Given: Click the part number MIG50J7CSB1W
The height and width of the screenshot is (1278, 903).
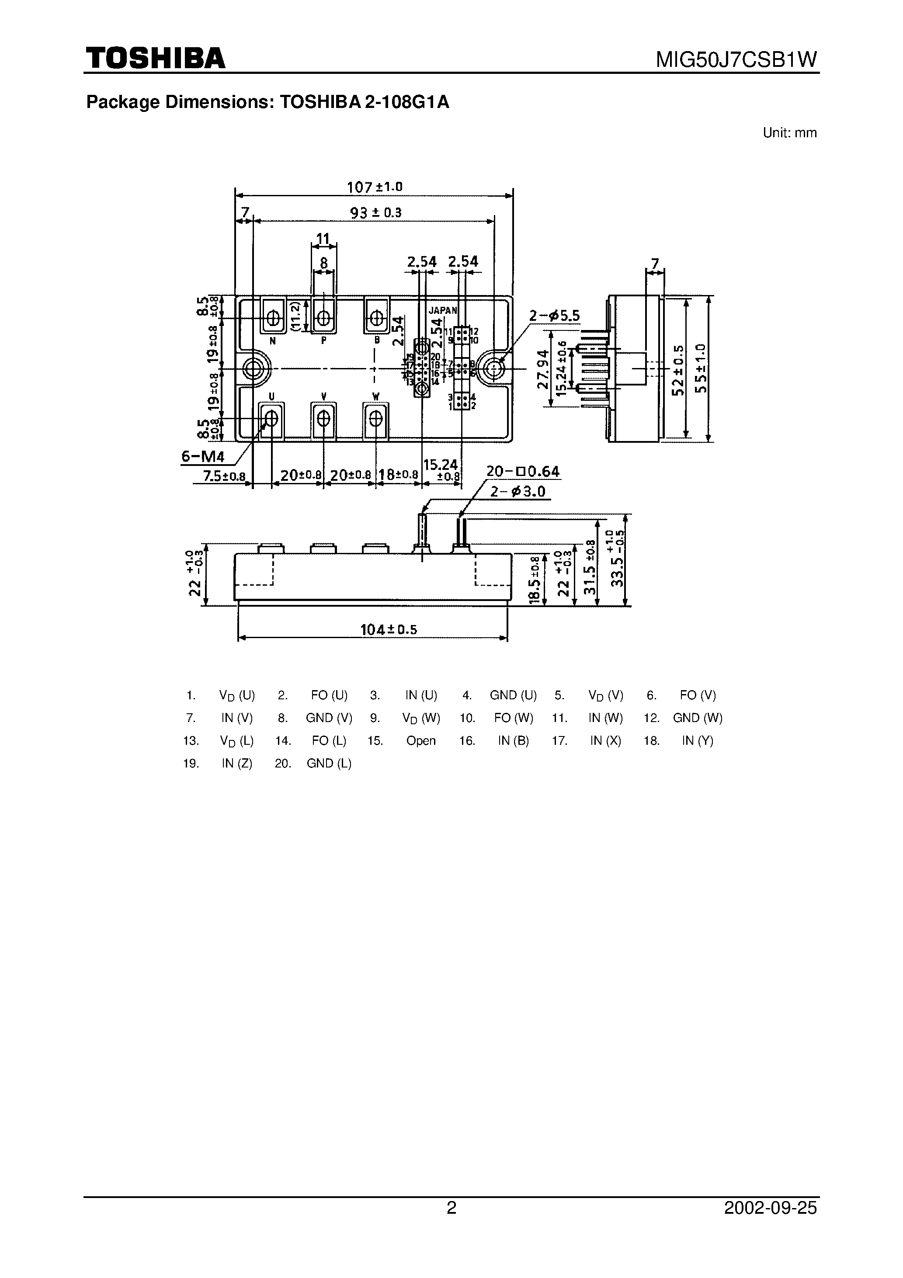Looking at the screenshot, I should pyautogui.click(x=736, y=59).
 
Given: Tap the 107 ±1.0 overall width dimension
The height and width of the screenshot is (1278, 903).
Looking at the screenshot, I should pyautogui.click(x=374, y=187).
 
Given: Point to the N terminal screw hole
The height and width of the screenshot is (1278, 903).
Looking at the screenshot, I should pyautogui.click(x=273, y=318).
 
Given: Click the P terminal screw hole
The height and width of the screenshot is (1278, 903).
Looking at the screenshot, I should pyautogui.click(x=323, y=318).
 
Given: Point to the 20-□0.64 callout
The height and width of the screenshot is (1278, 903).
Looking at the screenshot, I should pyautogui.click(x=523, y=472).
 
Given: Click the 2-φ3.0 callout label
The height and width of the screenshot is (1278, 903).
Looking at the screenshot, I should pyautogui.click(x=518, y=492).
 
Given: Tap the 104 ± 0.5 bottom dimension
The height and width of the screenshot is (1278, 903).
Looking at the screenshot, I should pyautogui.click(x=388, y=629).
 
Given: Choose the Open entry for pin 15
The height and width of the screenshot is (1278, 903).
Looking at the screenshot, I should pyautogui.click(x=420, y=741).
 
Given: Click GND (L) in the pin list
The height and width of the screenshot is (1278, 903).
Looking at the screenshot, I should pyautogui.click(x=329, y=764).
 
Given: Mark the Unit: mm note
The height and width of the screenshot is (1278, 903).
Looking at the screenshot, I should pyautogui.click(x=789, y=133).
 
